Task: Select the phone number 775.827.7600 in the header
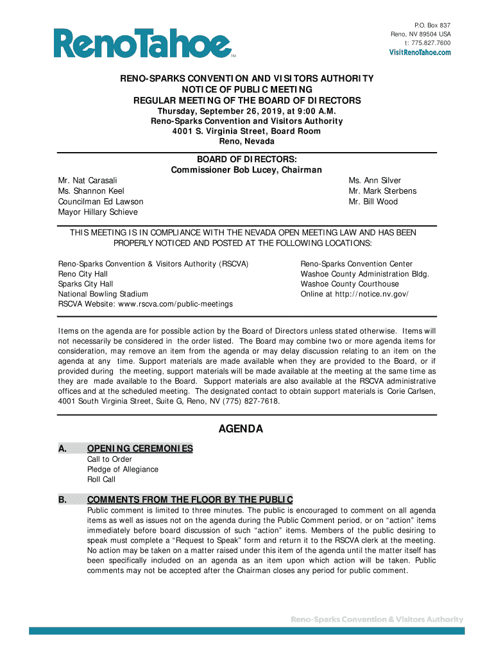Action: pos(427,43)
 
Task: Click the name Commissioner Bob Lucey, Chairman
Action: pos(246,170)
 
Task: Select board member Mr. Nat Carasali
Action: pos(88,181)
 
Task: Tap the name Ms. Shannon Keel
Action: pos(91,191)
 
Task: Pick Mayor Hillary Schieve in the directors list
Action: pos(98,212)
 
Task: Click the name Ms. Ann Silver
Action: pos(375,181)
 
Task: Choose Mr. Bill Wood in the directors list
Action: pos(373,201)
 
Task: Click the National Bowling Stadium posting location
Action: pos(103,294)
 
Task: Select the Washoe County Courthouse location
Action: pos(350,284)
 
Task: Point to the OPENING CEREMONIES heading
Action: pos(140,448)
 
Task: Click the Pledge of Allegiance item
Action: pos(123,469)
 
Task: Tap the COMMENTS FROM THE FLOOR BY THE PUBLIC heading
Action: pos(190,499)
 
